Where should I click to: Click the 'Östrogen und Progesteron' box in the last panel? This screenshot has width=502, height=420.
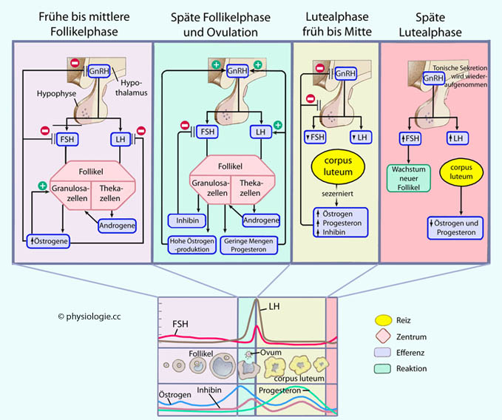[452, 226]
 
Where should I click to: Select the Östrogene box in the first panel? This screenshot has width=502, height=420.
[50, 240]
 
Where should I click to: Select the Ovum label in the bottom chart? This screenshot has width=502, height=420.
[271, 353]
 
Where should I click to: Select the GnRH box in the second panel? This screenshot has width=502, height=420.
[238, 72]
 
